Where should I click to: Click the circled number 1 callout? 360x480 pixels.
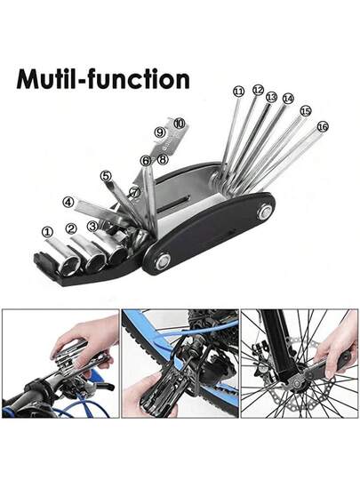tap(47, 232)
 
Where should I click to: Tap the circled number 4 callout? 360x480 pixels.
tap(68, 203)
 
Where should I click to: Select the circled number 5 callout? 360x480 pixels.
tap(105, 176)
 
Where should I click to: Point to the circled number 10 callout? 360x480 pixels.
tap(180, 124)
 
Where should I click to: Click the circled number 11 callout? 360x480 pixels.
tap(238, 92)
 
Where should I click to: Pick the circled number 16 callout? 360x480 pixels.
tap(323, 126)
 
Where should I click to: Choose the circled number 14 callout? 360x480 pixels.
tap(288, 99)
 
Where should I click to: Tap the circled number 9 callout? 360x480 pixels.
tap(159, 132)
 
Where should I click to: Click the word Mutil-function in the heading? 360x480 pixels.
tap(103, 79)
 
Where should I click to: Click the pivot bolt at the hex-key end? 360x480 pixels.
tap(265, 212)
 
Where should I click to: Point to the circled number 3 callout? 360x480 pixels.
tap(92, 227)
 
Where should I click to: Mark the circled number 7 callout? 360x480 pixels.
tap(135, 192)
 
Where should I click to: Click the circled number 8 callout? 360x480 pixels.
tap(163, 159)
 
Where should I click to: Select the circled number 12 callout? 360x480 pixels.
tap(258, 90)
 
